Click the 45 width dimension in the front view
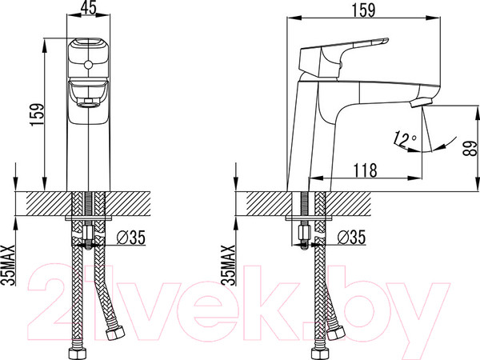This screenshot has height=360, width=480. coord(90,7)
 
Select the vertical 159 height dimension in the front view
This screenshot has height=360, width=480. coord(37,114)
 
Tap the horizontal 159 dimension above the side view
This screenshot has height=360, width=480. coord(363,10)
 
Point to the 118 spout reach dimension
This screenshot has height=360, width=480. coord(366,170)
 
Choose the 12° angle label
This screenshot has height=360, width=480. coord(404,139)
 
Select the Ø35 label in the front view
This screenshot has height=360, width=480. coord(131,238)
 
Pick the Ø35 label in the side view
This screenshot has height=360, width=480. coord(351,238)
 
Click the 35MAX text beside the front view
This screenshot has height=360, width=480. coord(9,265)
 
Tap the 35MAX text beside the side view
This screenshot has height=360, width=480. coord(230,265)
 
